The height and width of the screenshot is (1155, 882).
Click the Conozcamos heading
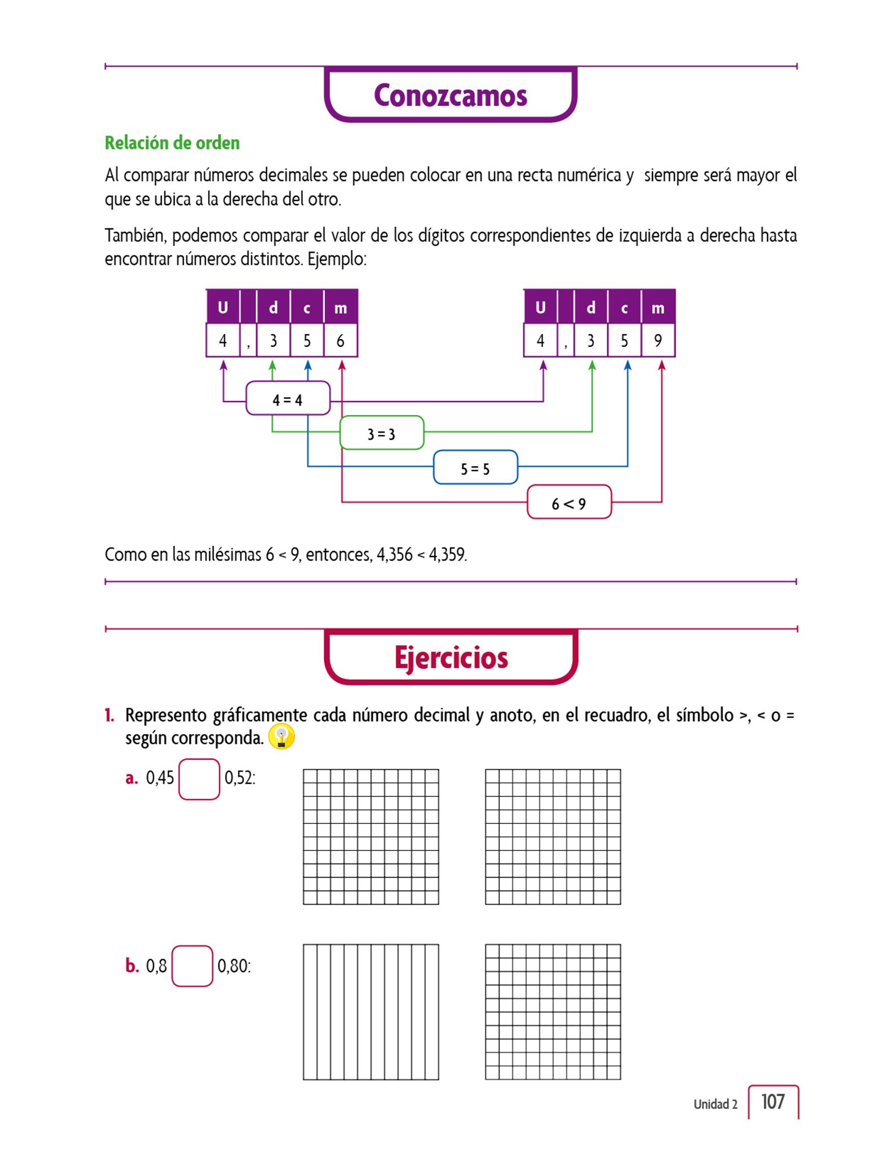tap(450, 95)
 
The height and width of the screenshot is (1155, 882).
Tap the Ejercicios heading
tap(451, 658)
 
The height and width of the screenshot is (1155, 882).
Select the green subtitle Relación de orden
tap(172, 143)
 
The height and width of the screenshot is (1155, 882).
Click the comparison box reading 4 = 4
tap(288, 399)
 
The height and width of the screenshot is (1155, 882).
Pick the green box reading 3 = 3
tap(382, 434)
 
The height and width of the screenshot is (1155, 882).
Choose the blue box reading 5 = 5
tap(475, 468)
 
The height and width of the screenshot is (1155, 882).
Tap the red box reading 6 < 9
tap(569, 502)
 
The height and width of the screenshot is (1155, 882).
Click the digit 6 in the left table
tap(340, 341)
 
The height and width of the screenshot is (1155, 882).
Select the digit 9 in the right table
tap(658, 340)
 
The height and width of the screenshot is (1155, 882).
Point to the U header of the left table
tap(223, 307)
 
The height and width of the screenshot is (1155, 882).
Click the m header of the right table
tap(658, 307)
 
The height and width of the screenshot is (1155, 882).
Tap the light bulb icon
tap(281, 737)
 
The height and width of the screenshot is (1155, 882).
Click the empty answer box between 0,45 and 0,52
tap(199, 779)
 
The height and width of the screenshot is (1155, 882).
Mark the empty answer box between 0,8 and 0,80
tap(192, 966)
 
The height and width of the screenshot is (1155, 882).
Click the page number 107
tap(773, 1101)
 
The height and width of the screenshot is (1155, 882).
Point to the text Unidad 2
tap(715, 1104)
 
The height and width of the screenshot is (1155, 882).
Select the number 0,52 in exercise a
tap(239, 778)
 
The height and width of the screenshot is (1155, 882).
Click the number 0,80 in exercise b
tap(232, 966)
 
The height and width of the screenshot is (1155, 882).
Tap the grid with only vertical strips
tap(371, 1012)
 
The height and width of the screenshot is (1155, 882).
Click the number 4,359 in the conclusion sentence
tap(447, 554)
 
